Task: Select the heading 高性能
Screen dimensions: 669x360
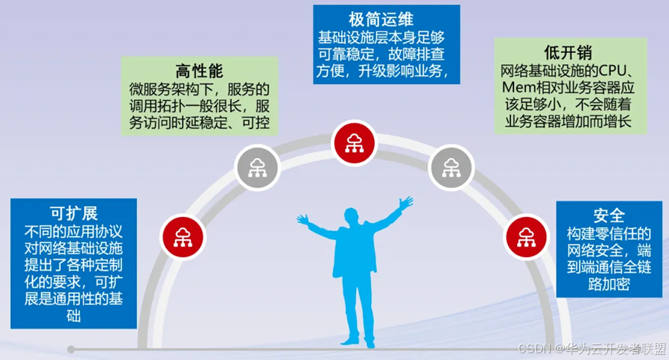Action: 199,72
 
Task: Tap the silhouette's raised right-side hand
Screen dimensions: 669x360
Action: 406,202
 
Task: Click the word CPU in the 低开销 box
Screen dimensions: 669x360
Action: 616,72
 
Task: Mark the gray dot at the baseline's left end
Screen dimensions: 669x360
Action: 71,349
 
